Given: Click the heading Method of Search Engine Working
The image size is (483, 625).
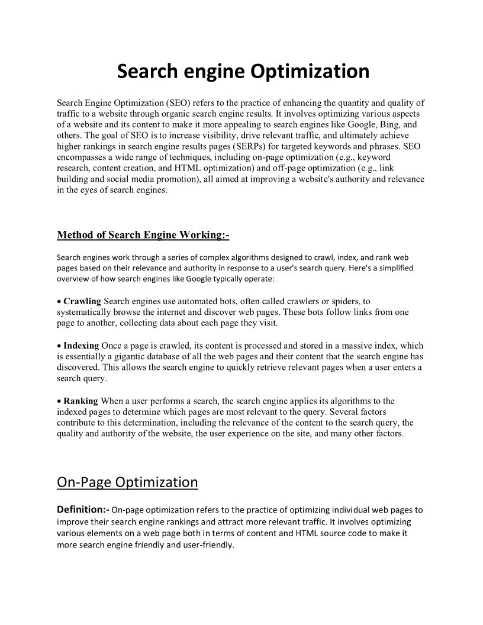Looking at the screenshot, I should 143,235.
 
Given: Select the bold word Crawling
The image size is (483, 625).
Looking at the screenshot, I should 82,302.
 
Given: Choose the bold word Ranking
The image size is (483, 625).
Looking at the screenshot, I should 80,401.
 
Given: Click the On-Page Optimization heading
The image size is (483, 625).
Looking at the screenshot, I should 127,482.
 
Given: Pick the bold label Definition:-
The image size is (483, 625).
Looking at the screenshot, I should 83,509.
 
